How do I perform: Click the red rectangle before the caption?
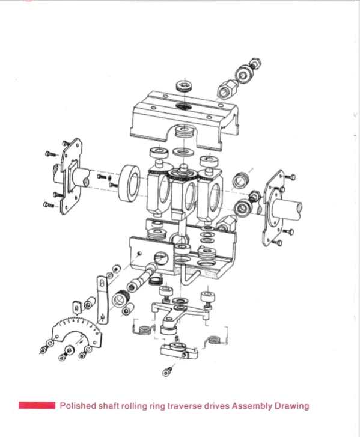coord(37,406)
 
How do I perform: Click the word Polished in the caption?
coord(76,406)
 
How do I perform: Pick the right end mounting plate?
coord(273,207)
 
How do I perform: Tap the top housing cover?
coord(183,117)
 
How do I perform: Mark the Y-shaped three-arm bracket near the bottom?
coord(180,312)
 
